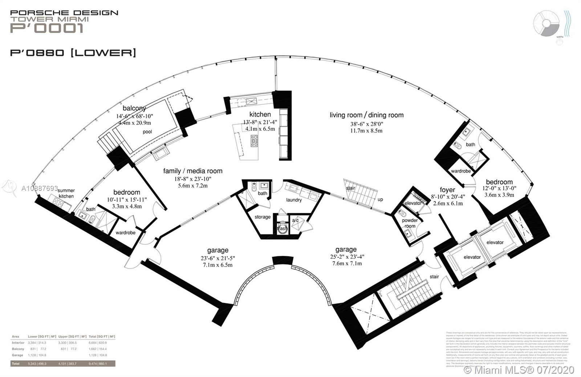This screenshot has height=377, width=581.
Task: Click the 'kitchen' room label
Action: [x=260, y=114]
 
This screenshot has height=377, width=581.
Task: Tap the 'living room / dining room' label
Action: [x=366, y=115]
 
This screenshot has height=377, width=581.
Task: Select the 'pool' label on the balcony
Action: [x=147, y=132]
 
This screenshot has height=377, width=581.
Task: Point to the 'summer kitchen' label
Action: [x=66, y=193]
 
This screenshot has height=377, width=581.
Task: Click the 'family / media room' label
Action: [x=192, y=171]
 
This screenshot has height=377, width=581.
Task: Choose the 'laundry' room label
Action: [x=294, y=200]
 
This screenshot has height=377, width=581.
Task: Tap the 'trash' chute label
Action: [x=282, y=228]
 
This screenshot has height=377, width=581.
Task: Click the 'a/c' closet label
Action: [x=295, y=220]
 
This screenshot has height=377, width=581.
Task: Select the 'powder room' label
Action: [x=410, y=223]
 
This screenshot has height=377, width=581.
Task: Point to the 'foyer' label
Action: [x=447, y=190]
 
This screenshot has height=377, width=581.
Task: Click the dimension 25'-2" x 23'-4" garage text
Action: [x=346, y=257]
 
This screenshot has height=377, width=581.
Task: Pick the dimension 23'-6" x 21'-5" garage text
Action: [x=218, y=258]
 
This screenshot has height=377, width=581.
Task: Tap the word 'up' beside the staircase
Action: [x=380, y=199]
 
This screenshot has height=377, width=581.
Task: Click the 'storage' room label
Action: [x=263, y=217]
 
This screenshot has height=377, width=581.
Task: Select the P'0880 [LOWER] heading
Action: [x=73, y=53]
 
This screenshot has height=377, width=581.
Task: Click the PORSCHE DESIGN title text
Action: [x=64, y=13]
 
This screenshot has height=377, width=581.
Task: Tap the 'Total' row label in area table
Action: [x=15, y=363]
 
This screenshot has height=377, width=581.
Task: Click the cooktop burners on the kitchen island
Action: [x=254, y=141]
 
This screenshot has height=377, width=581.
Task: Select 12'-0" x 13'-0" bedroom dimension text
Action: [x=499, y=188]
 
